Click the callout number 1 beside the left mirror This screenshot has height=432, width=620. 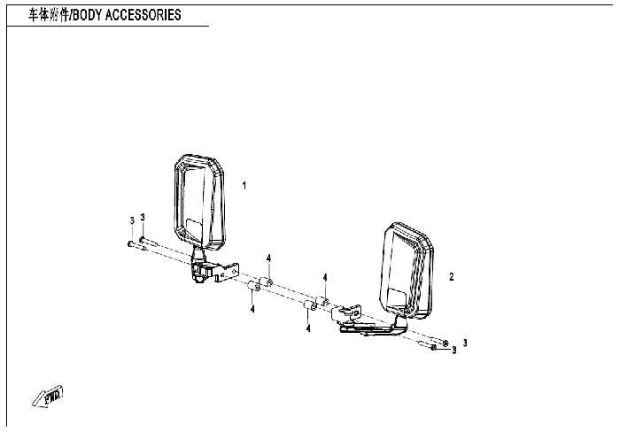point(244,185)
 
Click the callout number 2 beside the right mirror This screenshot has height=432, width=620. point(452,277)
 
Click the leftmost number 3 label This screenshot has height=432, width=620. point(132,220)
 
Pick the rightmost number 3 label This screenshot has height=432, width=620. point(464,343)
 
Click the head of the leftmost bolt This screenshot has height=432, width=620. point(130,242)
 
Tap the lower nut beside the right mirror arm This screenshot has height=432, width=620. point(434,348)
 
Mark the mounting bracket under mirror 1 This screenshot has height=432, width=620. point(213,270)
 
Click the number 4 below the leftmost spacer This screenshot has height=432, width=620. point(252,309)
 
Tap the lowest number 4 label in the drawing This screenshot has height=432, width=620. point(308,328)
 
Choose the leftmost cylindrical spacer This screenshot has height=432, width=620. point(252,286)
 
